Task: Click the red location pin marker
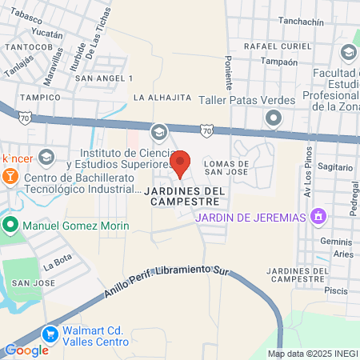(181, 163)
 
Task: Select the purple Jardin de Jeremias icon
(318, 217)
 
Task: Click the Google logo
(26, 350)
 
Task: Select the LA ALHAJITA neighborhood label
(162, 98)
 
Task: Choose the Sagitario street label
(335, 167)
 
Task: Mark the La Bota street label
(58, 262)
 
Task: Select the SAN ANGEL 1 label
(103, 78)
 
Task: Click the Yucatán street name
(47, 35)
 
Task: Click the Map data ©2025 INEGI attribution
(312, 353)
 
